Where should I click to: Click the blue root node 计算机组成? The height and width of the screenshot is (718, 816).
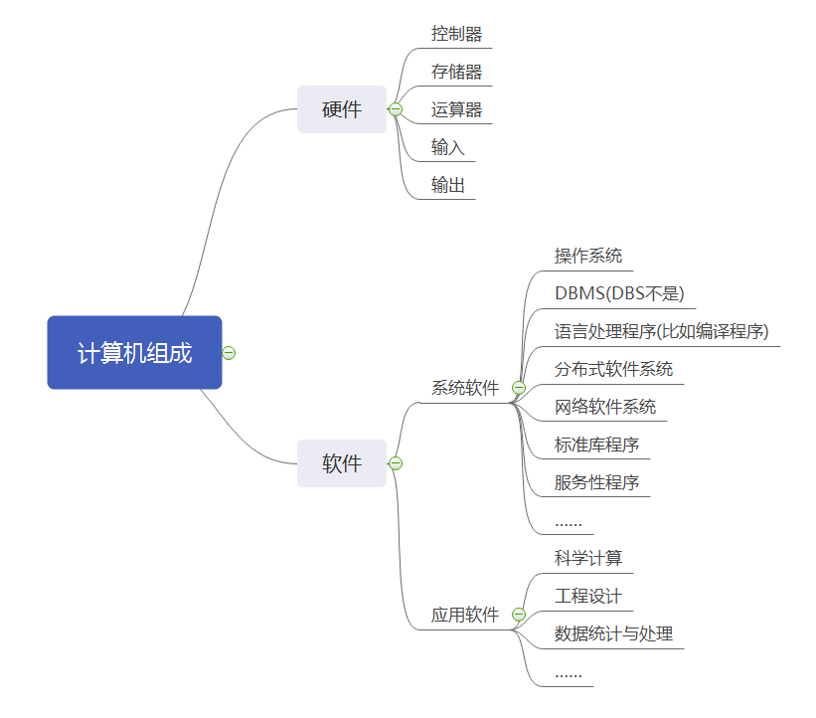coord(134,352)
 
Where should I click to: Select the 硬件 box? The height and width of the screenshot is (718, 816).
coord(341,109)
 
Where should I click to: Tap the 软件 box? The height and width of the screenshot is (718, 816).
coord(341,463)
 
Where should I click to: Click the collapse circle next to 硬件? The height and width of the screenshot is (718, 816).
coord(396,109)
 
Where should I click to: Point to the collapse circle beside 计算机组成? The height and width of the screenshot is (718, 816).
coord(230,352)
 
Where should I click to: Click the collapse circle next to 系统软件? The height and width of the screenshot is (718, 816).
coord(518,388)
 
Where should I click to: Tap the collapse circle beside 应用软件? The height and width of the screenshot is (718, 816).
coord(518,615)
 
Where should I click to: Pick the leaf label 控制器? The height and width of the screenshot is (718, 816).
coord(456,34)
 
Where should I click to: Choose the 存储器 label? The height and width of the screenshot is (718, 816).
coord(456,72)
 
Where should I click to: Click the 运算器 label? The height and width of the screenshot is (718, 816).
coord(456,109)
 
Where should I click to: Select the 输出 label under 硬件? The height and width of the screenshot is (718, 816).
coord(448,185)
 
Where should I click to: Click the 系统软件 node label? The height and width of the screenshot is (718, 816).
coord(465,388)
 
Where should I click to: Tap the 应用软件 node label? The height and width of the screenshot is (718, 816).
coord(465,615)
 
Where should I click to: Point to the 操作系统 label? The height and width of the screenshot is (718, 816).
coord(588,256)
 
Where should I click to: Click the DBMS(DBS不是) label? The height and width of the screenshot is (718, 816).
coord(619,293)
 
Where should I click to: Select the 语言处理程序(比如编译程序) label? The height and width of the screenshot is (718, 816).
coord(662,331)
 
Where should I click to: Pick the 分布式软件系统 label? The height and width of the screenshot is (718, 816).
coord(613,369)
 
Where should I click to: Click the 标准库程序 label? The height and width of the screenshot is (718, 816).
coord(596,445)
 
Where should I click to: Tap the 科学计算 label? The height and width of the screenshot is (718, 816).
coord(588,558)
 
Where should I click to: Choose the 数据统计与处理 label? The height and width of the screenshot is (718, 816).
coord(613,633)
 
